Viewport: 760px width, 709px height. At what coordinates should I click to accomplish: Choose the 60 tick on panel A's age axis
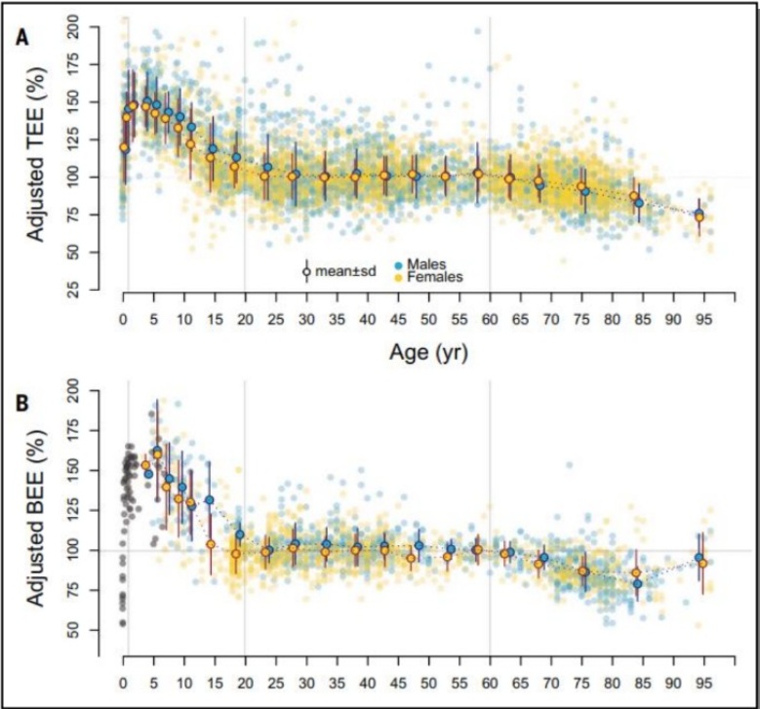point(490,318)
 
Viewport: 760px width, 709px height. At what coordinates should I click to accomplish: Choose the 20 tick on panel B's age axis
point(245,682)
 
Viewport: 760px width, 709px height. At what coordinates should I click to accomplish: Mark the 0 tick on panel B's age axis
point(123,682)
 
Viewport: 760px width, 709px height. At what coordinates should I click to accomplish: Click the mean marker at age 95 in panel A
point(699,216)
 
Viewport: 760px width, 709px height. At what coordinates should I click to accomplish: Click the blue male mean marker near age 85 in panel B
point(637,584)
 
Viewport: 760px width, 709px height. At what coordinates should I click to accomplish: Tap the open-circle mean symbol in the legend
point(305,272)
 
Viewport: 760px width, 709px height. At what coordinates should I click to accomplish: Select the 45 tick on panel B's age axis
point(398,682)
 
